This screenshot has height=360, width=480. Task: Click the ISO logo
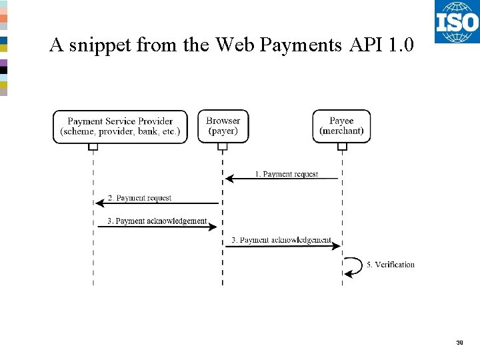coord(457,21)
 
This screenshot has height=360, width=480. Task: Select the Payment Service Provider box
coord(120,126)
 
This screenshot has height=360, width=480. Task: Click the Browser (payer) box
coord(223,126)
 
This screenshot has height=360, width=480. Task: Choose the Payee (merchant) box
coord(341,126)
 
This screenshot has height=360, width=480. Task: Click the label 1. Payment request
coord(287,174)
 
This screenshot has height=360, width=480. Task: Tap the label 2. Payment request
coord(139,198)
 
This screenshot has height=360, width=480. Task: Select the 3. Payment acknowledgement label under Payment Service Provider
coord(157,221)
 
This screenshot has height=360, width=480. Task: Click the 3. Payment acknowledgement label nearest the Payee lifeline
coord(281,240)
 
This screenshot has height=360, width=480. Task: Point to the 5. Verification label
coord(390,265)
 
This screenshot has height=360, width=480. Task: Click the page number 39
coord(459,343)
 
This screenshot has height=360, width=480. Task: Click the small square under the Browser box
coord(223,147)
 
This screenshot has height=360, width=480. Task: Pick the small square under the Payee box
coord(342,147)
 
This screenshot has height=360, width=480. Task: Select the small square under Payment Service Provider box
coord(93,147)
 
